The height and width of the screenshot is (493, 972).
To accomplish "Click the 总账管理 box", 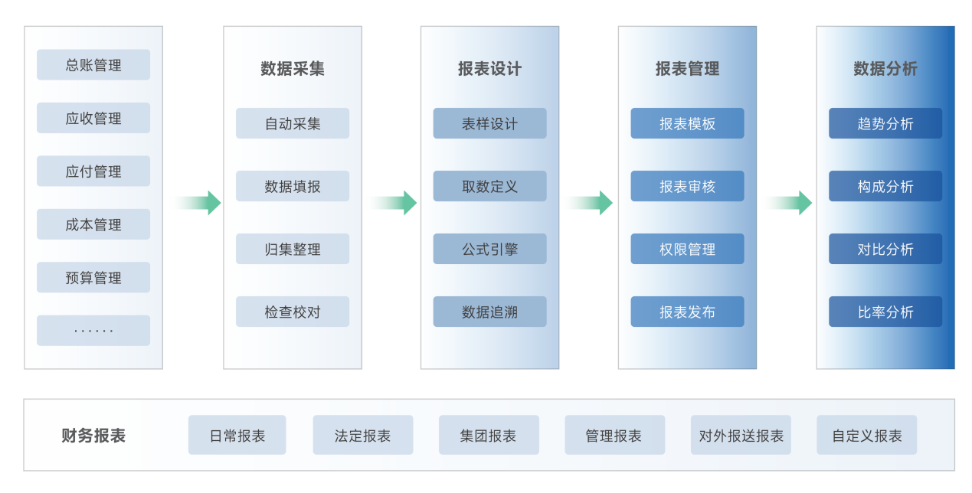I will tap(93, 65).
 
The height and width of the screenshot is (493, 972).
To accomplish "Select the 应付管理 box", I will tap(93, 171).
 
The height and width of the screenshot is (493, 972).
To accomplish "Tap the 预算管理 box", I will tap(93, 278).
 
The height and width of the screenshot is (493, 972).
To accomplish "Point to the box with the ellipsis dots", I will tap(93, 331).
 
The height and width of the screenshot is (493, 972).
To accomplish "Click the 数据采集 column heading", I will tap(293, 69).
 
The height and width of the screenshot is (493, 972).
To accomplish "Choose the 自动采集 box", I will tap(293, 123).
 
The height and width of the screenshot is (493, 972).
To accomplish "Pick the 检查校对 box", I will tap(293, 312).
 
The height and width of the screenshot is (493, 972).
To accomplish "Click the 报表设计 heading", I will tap(489, 69).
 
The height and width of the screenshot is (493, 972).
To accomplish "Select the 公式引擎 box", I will tap(489, 249).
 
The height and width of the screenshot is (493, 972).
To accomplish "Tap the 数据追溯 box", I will tap(489, 312).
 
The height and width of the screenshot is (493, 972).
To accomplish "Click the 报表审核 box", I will tap(687, 186).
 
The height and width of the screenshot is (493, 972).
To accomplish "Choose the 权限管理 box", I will tap(687, 249).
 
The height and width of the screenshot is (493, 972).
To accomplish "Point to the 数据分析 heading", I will tap(885, 69).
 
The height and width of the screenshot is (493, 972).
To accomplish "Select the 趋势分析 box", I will tap(885, 123).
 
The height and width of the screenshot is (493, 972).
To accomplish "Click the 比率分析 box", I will tap(885, 312).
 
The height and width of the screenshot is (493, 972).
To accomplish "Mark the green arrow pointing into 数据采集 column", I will tap(199, 203).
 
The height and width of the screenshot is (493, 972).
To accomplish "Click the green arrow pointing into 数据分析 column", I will tap(790, 203).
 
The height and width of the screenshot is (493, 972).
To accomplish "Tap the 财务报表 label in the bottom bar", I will tap(93, 436).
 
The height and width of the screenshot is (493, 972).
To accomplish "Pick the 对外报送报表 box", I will tap(741, 436).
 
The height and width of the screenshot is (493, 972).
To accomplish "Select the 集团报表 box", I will tap(489, 436).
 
